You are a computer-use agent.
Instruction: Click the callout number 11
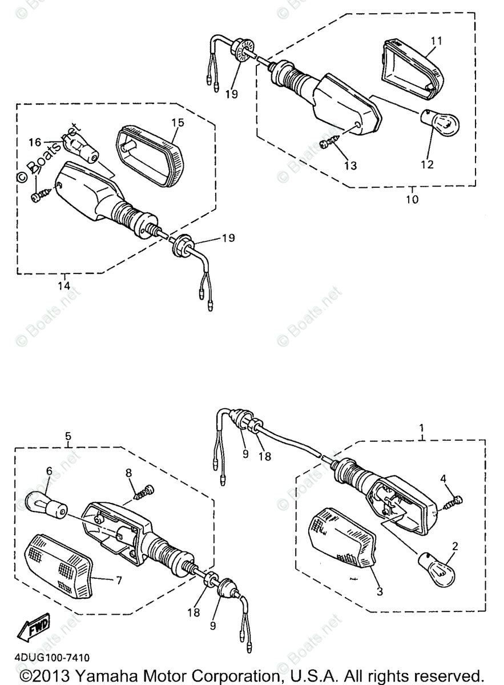(436, 41)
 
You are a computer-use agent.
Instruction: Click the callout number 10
(412, 199)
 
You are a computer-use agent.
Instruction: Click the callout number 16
(35, 142)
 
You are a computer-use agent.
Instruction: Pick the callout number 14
(64, 285)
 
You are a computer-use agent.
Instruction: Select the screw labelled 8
(141, 492)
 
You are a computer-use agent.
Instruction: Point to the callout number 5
(68, 437)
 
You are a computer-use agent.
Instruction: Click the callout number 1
(422, 427)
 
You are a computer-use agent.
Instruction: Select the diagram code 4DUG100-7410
(48, 658)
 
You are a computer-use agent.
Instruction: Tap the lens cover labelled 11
(411, 67)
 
